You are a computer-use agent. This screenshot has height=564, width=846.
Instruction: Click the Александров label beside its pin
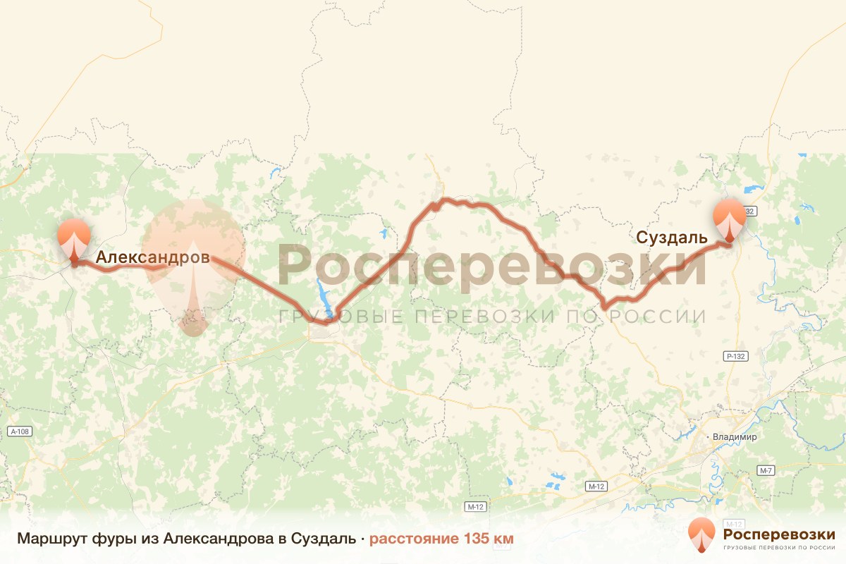pyautogui.click(x=152, y=258)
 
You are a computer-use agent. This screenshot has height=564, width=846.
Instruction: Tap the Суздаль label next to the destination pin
pyautogui.click(x=671, y=238)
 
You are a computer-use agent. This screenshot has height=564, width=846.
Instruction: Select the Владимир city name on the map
pyautogui.click(x=735, y=437)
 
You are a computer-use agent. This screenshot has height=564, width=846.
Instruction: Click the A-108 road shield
pyautogui.click(x=21, y=431)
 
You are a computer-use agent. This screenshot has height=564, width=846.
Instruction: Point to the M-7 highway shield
pyautogui.click(x=766, y=470)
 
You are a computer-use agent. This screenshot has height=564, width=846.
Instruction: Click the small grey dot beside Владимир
pyautogui.click(x=709, y=437)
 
